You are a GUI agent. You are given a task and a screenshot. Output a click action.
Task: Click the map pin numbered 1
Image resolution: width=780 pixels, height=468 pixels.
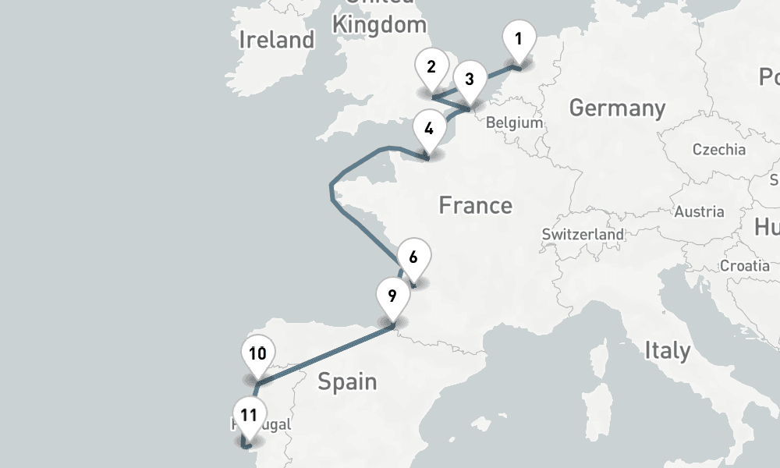[519, 39]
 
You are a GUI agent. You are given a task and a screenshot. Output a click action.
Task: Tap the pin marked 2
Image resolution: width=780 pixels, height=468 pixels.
[431, 67]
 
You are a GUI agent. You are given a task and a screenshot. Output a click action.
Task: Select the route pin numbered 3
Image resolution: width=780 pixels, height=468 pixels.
[469, 80]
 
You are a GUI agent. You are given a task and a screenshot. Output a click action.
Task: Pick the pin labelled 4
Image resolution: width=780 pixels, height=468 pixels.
[427, 129]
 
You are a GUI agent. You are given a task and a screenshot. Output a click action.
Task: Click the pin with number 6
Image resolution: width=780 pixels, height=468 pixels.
[413, 258]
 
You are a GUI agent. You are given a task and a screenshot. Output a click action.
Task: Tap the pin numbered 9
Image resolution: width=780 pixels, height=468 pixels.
[392, 297]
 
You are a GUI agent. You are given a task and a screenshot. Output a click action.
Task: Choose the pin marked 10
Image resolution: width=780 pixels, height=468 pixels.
[257, 355]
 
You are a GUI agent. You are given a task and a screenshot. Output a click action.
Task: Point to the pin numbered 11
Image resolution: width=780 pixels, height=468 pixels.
[249, 416]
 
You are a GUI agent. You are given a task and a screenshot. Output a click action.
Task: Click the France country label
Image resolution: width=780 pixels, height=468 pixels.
[475, 206]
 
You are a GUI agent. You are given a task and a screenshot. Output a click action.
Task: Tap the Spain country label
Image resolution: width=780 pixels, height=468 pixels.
[347, 382]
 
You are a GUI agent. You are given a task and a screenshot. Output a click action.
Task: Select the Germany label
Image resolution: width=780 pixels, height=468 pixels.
[617, 108]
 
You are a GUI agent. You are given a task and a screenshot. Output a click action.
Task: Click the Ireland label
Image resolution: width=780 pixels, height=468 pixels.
[277, 40]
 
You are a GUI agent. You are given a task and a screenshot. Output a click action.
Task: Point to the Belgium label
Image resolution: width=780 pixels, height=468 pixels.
[514, 122]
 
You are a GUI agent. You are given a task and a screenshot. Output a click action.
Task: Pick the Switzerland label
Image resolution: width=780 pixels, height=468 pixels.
[583, 234]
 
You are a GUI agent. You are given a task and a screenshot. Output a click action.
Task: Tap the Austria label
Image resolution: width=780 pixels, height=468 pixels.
[699, 211]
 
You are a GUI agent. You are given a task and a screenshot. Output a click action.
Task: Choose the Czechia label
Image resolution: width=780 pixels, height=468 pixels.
[718, 150]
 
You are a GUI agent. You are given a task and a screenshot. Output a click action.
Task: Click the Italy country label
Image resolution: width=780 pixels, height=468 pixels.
[667, 351]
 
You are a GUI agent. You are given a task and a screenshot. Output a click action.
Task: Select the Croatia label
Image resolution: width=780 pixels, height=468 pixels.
[744, 266]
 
